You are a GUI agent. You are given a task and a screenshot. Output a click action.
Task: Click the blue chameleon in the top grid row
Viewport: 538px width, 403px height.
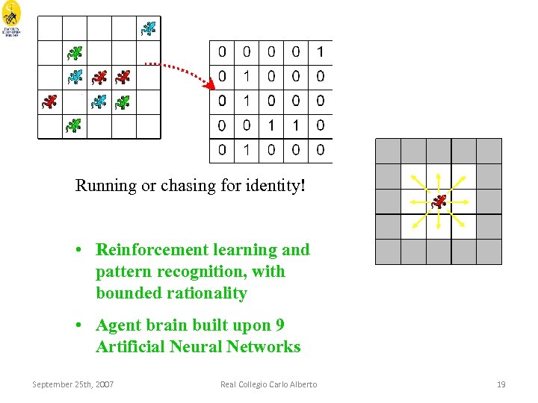[x=149, y=28]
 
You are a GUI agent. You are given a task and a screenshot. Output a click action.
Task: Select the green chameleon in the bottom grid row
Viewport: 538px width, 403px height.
[x=74, y=125]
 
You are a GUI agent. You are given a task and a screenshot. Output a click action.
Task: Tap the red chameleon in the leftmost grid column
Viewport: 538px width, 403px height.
[x=49, y=101]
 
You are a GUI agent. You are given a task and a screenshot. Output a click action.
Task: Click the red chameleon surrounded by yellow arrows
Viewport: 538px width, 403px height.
[x=439, y=201]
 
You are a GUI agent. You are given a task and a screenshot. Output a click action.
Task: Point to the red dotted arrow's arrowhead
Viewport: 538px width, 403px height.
[x=209, y=84]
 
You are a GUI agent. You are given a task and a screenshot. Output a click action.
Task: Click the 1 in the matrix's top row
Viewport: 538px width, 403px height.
[x=320, y=51]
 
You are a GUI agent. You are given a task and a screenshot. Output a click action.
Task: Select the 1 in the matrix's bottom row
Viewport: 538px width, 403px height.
[x=247, y=150]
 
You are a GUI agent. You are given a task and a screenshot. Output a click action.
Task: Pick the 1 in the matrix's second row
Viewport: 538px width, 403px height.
[x=247, y=76]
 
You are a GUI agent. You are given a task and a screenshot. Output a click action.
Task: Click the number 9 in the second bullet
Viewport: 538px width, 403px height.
[x=279, y=325]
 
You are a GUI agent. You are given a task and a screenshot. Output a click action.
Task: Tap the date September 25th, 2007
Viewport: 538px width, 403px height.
[x=73, y=384]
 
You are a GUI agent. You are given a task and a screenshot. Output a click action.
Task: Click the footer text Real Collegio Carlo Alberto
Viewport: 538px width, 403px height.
[x=268, y=384]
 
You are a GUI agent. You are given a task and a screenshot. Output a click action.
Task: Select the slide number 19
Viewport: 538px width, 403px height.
[x=501, y=384]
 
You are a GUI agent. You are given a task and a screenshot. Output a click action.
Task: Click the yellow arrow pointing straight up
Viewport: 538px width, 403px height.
[x=439, y=179]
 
